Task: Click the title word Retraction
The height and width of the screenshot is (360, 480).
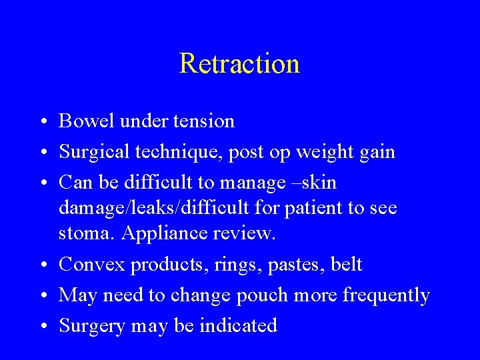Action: [x=239, y=64]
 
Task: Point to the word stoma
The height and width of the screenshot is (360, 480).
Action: [x=81, y=234]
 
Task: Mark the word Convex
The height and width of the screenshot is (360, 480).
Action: [x=92, y=265]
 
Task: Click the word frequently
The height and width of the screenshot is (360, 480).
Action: [x=386, y=295]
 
